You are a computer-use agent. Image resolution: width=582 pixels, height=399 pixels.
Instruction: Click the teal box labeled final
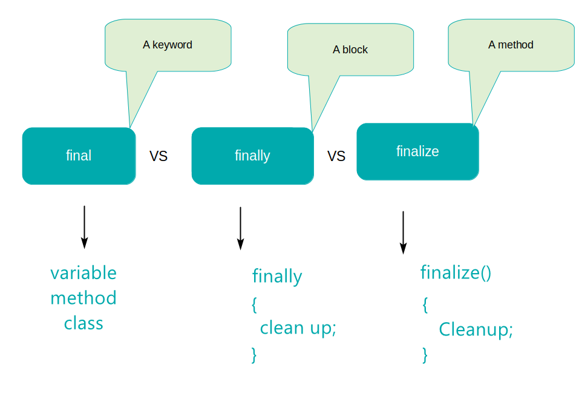[79, 156]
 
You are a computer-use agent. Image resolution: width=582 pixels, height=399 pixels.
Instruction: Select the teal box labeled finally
[252, 156]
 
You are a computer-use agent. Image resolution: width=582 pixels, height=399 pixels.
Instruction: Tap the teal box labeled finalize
[417, 151]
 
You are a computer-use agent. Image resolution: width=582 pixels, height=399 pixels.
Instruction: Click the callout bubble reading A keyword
[168, 45]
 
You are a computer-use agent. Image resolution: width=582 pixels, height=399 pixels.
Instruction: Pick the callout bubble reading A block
[350, 50]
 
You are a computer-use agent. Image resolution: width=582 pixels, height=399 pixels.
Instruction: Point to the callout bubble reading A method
[511, 45]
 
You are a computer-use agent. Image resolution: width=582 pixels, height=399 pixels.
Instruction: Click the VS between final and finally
[159, 156]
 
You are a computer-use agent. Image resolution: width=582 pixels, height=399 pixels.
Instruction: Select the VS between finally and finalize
[336, 156]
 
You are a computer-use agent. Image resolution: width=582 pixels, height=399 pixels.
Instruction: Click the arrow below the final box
[84, 227]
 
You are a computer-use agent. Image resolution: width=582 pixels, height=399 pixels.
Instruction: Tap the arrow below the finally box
[240, 228]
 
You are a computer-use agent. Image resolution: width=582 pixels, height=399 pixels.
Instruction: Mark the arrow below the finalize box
[403, 232]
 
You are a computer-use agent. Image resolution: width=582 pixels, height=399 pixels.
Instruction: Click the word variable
[83, 273]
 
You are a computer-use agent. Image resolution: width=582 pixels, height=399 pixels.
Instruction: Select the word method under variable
[83, 298]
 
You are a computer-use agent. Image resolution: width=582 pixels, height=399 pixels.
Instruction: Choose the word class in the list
[83, 323]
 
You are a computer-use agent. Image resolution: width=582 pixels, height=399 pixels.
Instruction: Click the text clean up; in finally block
[298, 328]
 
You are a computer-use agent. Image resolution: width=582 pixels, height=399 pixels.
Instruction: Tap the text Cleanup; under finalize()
[476, 330]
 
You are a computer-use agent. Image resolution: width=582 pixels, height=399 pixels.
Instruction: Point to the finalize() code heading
[456, 272]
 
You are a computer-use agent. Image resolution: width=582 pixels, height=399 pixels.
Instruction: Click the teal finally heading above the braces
[277, 277]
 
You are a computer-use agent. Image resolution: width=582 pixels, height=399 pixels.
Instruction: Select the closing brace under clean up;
[254, 354]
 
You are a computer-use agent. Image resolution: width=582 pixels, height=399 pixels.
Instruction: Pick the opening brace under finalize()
[425, 305]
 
